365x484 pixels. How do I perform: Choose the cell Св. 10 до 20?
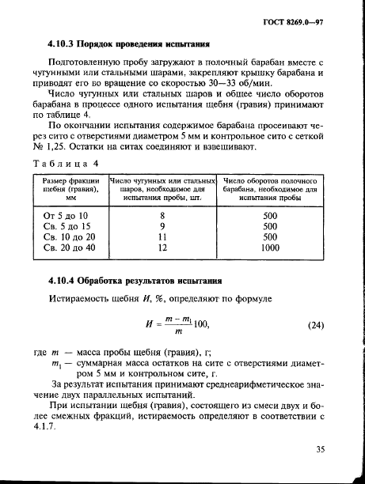[x=69, y=236]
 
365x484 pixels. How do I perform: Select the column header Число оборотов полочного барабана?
[x=269, y=191]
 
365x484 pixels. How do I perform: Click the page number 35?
[x=321, y=450]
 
